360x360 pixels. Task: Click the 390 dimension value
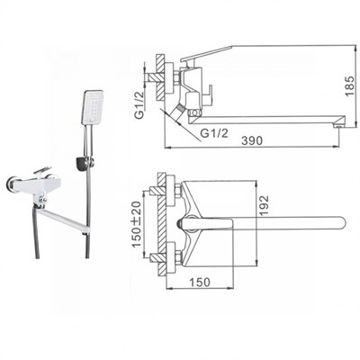252,140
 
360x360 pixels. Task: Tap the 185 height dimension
350,86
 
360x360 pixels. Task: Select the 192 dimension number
264,206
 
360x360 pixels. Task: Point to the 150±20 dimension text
137,223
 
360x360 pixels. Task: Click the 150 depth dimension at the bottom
200,282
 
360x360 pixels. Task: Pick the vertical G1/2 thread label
139,105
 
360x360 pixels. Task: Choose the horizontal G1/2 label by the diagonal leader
214,133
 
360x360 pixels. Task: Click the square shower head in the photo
93,107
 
